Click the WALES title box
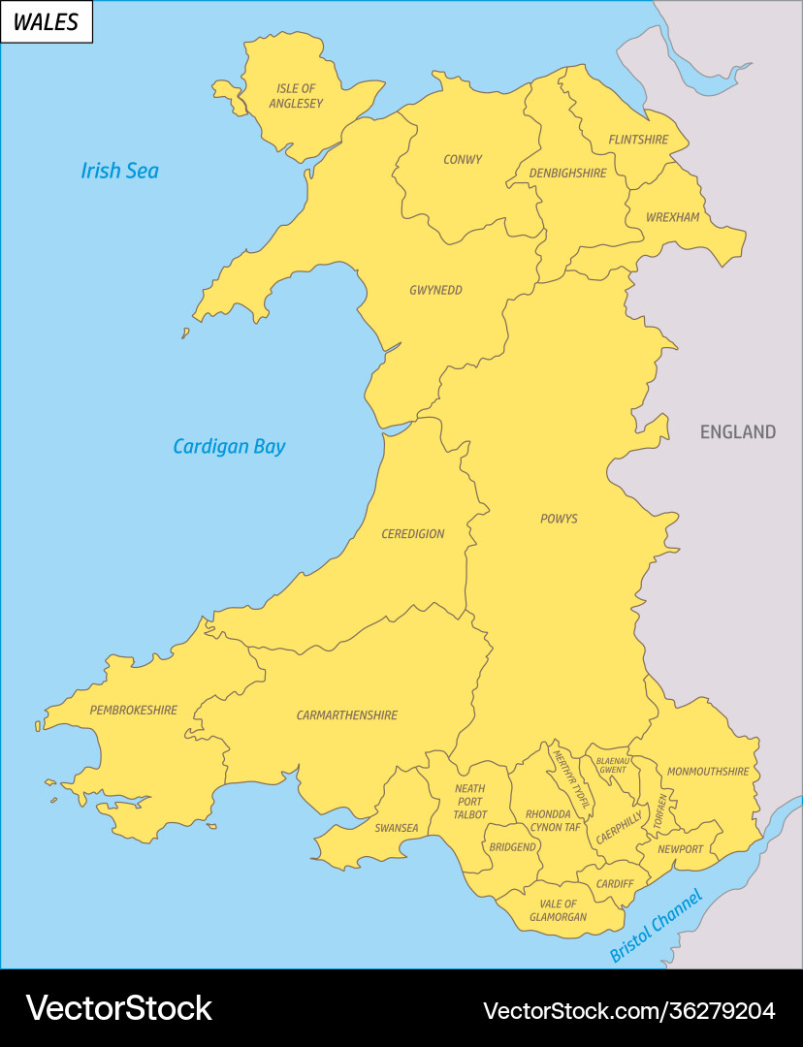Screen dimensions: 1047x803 (47, 22)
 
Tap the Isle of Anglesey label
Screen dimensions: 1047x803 (296, 96)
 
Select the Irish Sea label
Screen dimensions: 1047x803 (119, 172)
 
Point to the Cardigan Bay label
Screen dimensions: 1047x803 (229, 447)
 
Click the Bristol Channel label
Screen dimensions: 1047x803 (656, 925)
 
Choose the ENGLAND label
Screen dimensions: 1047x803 (738, 432)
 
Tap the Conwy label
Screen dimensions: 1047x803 (463, 160)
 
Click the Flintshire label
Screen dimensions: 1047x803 (638, 140)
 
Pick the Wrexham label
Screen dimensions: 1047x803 (672, 217)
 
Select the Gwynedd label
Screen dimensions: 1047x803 (435, 290)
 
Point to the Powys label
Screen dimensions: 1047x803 (559, 519)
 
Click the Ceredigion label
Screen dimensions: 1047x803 (413, 534)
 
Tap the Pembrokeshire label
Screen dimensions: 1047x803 (134, 711)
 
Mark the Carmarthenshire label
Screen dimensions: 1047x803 (347, 715)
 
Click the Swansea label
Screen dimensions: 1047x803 (397, 828)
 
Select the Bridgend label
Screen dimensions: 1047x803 (512, 847)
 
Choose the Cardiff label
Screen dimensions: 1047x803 (615, 884)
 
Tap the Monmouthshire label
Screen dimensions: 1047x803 (708, 772)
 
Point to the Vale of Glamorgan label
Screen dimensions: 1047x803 (558, 910)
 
